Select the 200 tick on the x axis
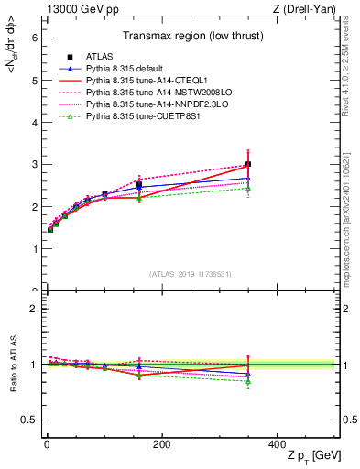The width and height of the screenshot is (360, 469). click(161, 444)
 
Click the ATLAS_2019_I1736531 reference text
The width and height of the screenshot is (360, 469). click(190, 274)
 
